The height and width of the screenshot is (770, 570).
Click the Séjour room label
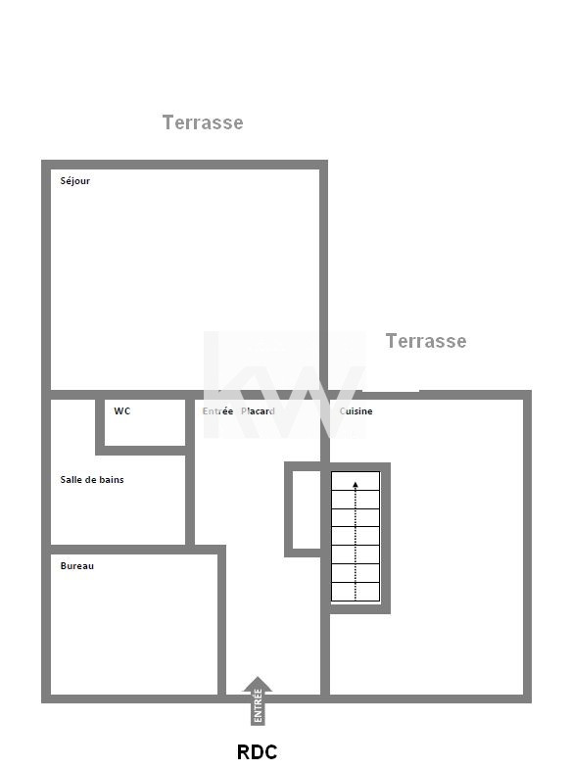coord(75,181)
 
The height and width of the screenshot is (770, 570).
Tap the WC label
coord(122,411)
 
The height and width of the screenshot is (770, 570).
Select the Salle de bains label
coord(92,480)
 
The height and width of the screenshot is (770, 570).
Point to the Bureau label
coord(77,565)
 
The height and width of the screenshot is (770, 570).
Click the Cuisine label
coord(356,411)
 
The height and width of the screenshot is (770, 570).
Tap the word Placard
coord(258,411)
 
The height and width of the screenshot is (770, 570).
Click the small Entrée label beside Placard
coord(217,411)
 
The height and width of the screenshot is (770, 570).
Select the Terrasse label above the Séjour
coord(203,122)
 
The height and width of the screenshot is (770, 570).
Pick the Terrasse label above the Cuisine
coord(426,341)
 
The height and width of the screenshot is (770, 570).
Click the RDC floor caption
coord(258,751)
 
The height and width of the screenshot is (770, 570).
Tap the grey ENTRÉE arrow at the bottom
coord(258,700)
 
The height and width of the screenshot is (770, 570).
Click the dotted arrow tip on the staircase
coord(356,484)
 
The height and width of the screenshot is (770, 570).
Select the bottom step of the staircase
coord(356,592)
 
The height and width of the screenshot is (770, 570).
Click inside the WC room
coord(145,422)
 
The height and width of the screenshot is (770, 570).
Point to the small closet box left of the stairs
coord(303,509)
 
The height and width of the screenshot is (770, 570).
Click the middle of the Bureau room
coord(134,624)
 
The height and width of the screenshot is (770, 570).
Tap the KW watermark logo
coord(285,384)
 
